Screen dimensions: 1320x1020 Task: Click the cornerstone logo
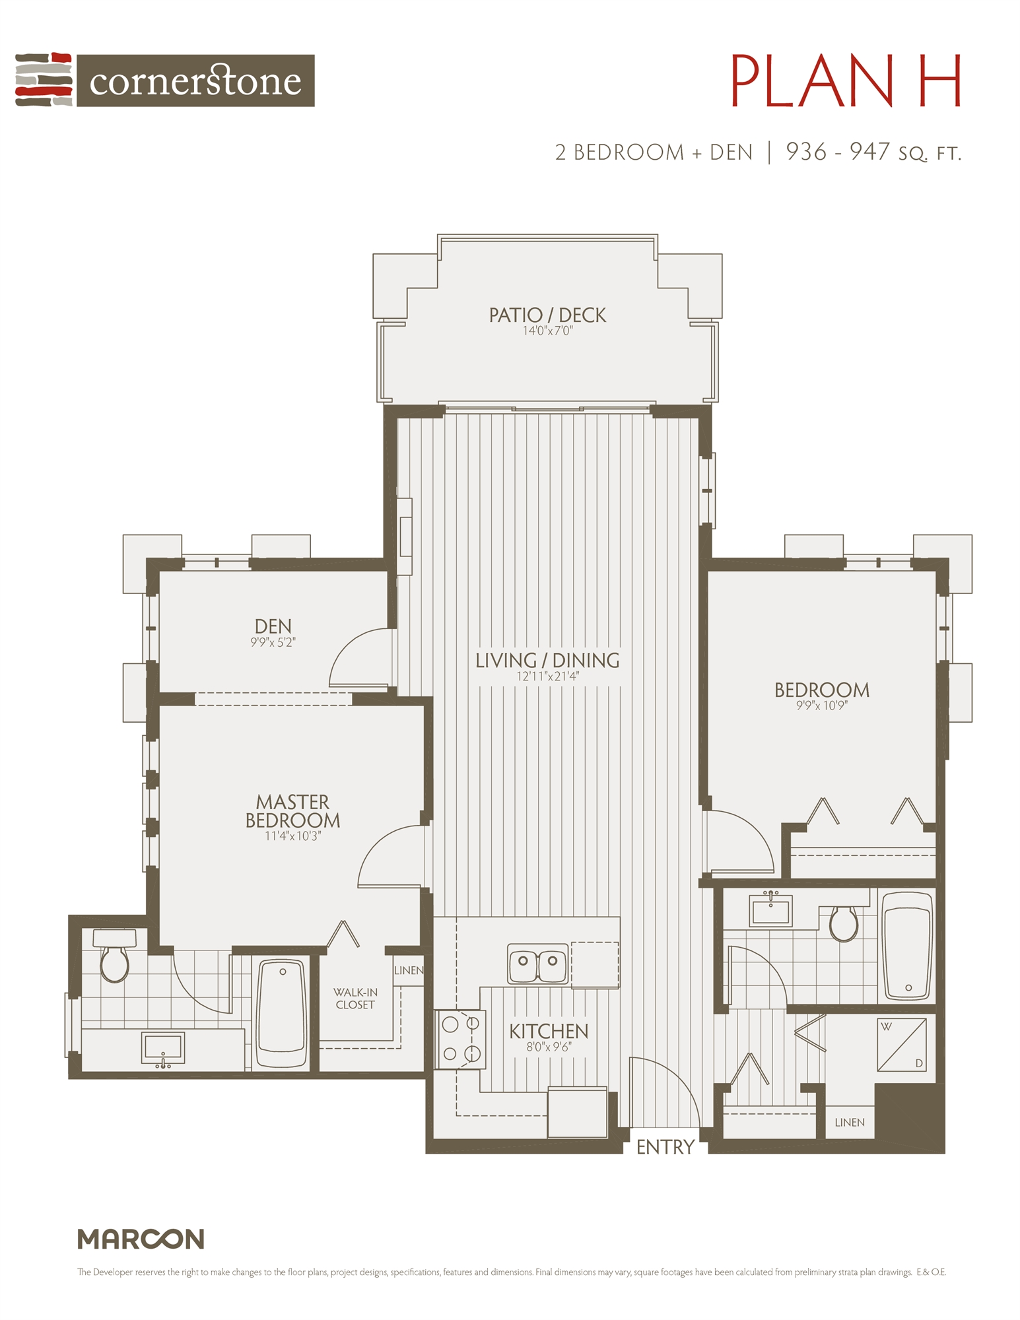pyautogui.click(x=165, y=80)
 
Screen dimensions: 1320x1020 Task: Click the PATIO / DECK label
pyautogui.click(x=547, y=315)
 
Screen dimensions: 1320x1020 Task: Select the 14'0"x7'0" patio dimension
pyautogui.click(x=547, y=331)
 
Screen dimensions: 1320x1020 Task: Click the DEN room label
pyautogui.click(x=273, y=626)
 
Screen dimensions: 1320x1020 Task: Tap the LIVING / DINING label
pyautogui.click(x=547, y=660)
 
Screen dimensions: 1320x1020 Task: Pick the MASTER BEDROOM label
pyautogui.click(x=292, y=811)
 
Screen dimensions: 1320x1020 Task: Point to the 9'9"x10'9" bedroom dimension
pyautogui.click(x=821, y=706)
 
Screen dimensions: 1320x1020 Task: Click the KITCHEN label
pyautogui.click(x=548, y=1031)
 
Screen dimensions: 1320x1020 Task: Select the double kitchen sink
pyautogui.click(x=537, y=963)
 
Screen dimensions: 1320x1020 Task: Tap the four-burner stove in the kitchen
pyautogui.click(x=460, y=1039)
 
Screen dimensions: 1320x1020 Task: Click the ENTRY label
pyautogui.click(x=665, y=1147)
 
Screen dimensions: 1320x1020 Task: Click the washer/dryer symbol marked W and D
pyautogui.click(x=901, y=1044)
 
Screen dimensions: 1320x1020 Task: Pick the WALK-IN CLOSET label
pyautogui.click(x=355, y=999)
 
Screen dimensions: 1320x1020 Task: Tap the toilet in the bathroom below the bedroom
pyautogui.click(x=843, y=923)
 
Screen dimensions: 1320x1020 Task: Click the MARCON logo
pyautogui.click(x=141, y=1239)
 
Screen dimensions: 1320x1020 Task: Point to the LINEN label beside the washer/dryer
pyautogui.click(x=849, y=1122)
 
